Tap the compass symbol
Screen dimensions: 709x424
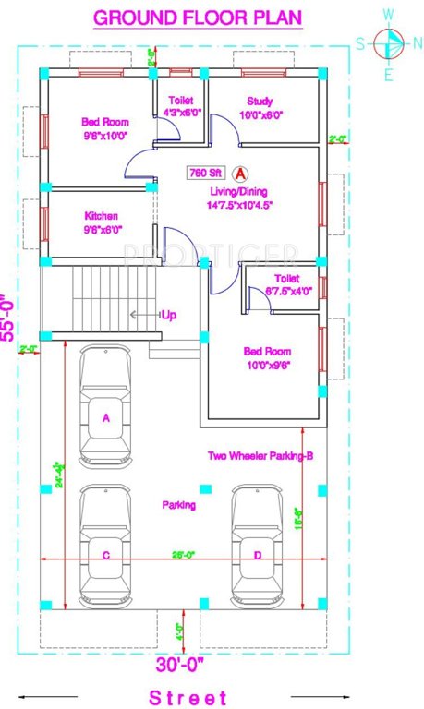tap(389, 43)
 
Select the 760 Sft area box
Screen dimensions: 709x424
tap(204, 172)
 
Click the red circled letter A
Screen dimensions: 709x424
tap(240, 173)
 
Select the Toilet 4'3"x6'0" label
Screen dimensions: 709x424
tap(179, 107)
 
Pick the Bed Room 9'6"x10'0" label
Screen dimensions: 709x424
tap(104, 128)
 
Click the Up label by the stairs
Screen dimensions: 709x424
tap(169, 315)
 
